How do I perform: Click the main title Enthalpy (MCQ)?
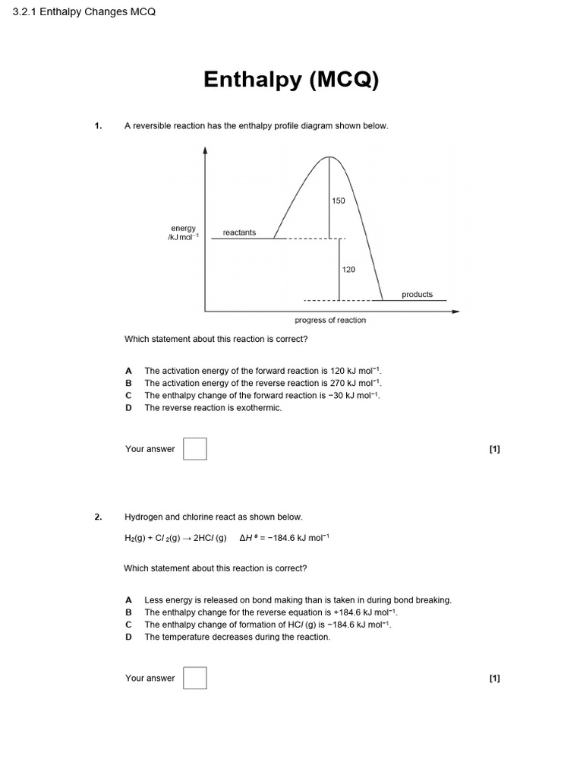pos(291,80)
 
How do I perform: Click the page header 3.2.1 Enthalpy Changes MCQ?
pos(84,14)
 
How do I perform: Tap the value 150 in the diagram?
pos(339,201)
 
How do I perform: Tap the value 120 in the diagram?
pos(348,269)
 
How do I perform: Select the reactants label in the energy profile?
pos(239,232)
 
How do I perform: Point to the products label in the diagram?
pos(417,294)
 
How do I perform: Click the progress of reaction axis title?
pos(330,320)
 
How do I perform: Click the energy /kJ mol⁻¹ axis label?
pos(183,232)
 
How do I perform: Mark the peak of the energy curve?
pos(329,157)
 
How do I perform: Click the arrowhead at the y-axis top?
pos(205,150)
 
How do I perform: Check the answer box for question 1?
pos(195,448)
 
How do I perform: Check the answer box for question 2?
pos(195,678)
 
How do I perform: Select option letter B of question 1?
pos(128,383)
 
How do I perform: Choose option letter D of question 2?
pos(128,637)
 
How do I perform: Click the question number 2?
pos(98,517)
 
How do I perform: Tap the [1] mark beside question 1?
pos(495,449)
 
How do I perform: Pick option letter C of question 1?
pos(128,395)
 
